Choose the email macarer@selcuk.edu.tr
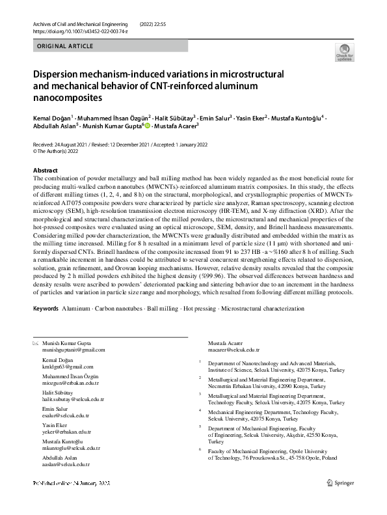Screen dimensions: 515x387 [233, 350]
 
